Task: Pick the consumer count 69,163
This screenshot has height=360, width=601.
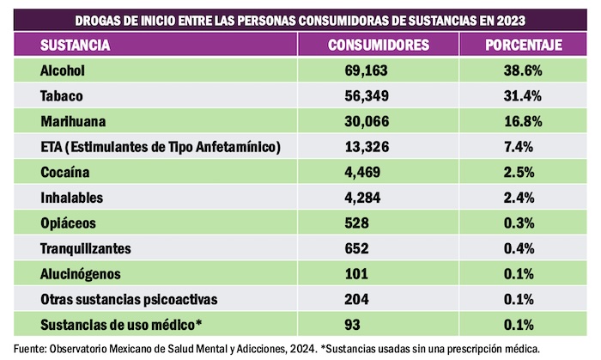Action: coord(366,70)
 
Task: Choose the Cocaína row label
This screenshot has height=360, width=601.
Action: coord(66,173)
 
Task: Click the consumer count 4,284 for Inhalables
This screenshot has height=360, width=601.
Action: coord(362,198)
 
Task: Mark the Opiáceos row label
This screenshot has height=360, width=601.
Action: coord(69,223)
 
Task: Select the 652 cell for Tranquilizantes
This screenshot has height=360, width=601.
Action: coord(355,249)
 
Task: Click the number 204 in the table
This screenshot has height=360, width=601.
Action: coord(355,300)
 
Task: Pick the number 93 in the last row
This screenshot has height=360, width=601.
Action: coord(351,326)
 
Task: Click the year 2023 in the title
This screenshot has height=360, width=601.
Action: coord(510,18)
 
